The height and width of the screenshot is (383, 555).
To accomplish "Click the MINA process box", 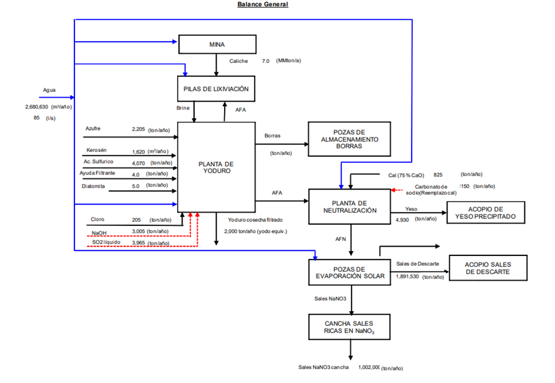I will tap(217, 44).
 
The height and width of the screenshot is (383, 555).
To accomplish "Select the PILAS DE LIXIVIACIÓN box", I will tap(216, 89).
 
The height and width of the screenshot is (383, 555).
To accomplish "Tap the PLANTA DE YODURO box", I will tap(216, 167).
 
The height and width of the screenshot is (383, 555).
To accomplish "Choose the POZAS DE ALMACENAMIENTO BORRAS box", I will tap(350, 139).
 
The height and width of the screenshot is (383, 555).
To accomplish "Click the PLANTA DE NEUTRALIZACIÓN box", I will tap(349, 206).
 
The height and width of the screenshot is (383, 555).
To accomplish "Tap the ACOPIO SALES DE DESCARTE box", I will tap(488, 268).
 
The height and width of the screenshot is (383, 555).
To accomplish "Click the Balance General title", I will tap(263, 5).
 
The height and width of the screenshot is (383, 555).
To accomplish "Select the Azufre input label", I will tap(92, 128).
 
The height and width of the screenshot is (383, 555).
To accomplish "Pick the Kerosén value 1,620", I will tap(139, 152).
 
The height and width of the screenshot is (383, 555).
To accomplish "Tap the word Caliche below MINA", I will tap(239, 61).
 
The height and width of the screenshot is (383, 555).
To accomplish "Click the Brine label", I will tap(184, 108).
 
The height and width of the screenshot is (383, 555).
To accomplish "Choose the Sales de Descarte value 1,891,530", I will tap(407, 277).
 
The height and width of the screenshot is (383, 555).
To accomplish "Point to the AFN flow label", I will tap(341, 238).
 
